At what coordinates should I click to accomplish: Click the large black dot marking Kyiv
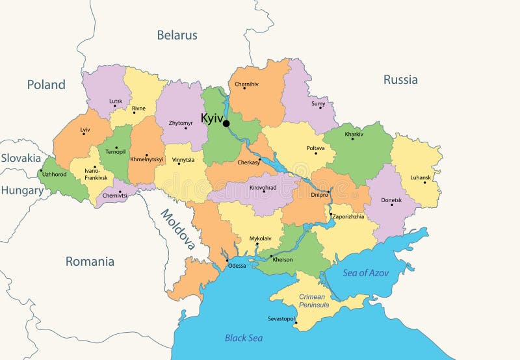pos(226,123)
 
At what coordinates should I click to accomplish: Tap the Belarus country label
pos(177,35)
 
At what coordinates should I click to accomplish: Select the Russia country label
pos(400,80)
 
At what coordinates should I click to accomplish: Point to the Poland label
pos(46,84)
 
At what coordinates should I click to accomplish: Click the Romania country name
pos(90,261)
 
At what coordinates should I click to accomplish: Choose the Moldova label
pos(178,229)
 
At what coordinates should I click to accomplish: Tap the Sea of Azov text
pos(365,273)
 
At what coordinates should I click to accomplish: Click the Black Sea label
pos(243,337)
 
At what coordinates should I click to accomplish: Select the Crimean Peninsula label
pos(314,301)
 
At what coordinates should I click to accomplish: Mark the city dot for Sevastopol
pos(295,323)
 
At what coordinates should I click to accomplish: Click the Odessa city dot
pos(227,261)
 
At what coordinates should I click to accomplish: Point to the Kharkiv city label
pos(354,134)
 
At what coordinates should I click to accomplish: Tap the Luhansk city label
pos(421,177)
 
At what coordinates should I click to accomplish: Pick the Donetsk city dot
pos(391,205)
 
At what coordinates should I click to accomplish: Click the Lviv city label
pos(85,129)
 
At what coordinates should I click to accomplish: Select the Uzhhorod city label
pos(55,174)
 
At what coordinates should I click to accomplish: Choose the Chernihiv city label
pos(246,84)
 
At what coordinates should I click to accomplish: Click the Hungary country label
pos(21,190)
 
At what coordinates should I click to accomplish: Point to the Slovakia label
pos(21,158)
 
